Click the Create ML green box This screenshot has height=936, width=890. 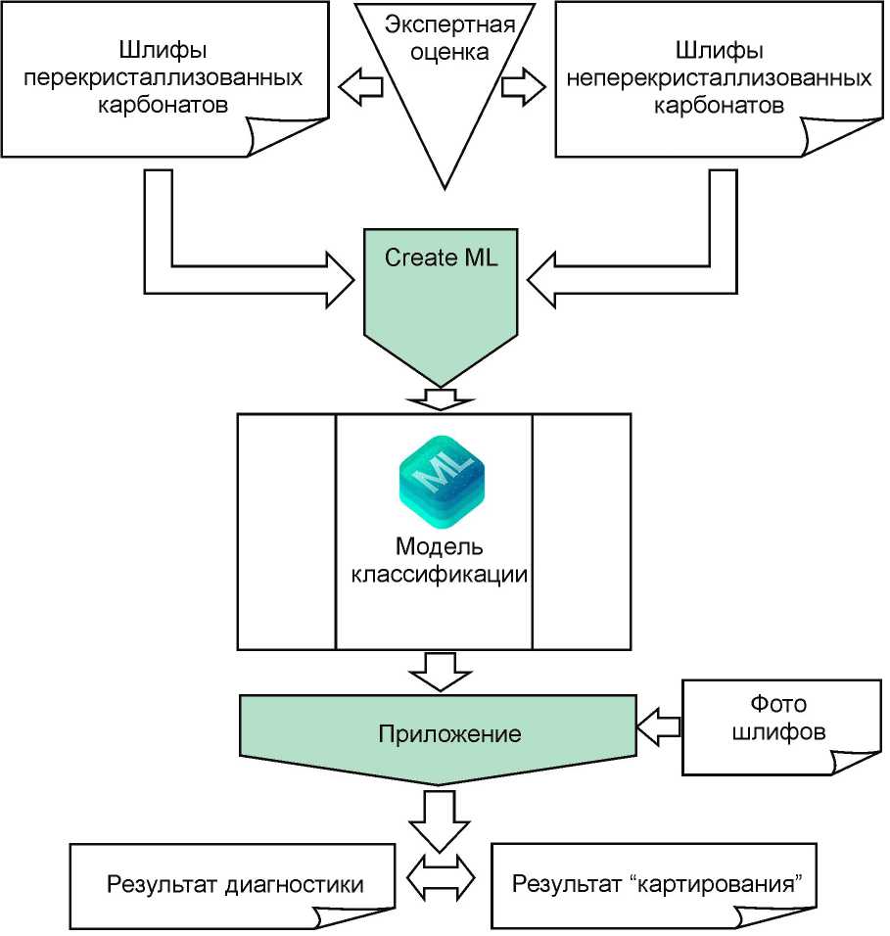tap(442, 294)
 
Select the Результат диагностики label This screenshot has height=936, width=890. tap(235, 884)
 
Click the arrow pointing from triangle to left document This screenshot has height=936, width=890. tap(360, 87)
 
